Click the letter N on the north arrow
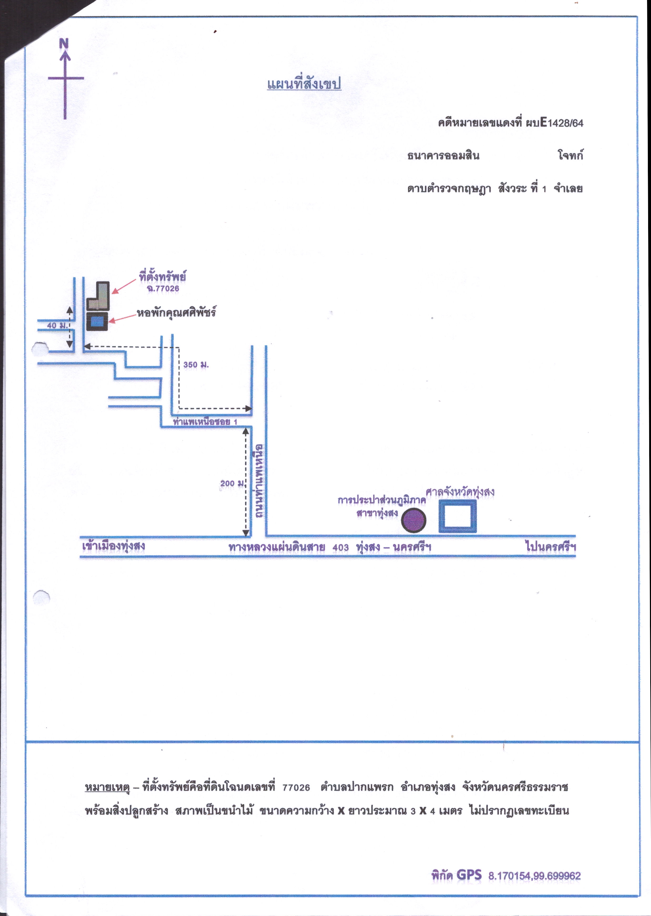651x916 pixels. coord(64,43)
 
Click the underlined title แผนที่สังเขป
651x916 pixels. coord(304,84)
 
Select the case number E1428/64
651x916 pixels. coord(562,122)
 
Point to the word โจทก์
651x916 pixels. coord(570,155)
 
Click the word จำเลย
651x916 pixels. coord(568,188)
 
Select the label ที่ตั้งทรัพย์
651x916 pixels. coord(162,276)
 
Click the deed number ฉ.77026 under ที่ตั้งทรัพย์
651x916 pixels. coord(163,289)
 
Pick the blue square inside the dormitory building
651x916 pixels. coord(97,321)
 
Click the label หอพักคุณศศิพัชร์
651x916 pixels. coord(176,312)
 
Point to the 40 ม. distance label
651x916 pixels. coord(57,325)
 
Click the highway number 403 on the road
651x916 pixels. coord(340,547)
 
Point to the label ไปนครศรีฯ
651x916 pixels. coord(550,547)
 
